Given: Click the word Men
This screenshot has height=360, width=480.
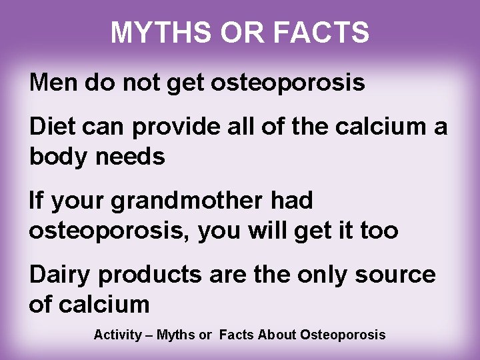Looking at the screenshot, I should point(52,83).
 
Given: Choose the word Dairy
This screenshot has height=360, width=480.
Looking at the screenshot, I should point(59,275).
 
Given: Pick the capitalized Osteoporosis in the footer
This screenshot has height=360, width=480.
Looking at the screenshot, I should point(343,334).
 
